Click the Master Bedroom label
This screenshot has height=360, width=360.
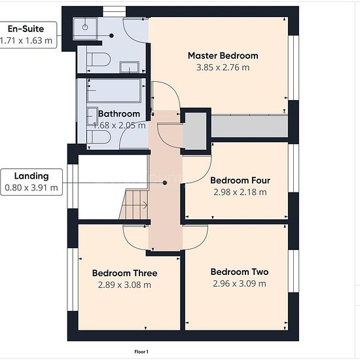pos(223,56)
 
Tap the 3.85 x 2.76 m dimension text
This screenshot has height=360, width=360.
pos(223,67)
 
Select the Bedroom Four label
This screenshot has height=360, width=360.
pos(240,181)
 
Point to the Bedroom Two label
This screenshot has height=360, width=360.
pos(240,272)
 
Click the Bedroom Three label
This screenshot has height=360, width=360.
pos(124,273)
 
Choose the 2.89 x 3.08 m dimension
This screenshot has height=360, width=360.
pos(124,285)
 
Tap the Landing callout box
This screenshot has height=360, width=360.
pos(31,182)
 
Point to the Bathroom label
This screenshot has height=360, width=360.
pos(119,114)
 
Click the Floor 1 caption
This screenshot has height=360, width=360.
pos(141,351)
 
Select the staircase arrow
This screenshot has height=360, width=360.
pos(135,205)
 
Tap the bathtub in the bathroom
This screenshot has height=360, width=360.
pos(114,90)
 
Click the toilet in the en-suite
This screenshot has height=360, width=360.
pos(98,60)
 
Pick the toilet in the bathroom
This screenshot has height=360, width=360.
pos(98,137)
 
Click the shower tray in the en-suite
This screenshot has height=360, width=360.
pos(85,29)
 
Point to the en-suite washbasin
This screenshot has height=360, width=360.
pos(129,67)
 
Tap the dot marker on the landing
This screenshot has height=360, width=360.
pos(165,183)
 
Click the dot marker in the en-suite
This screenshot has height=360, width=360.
pos(111,35)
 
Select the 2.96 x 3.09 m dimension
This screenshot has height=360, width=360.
pos(240,283)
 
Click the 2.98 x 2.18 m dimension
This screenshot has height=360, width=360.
pos(240,192)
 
